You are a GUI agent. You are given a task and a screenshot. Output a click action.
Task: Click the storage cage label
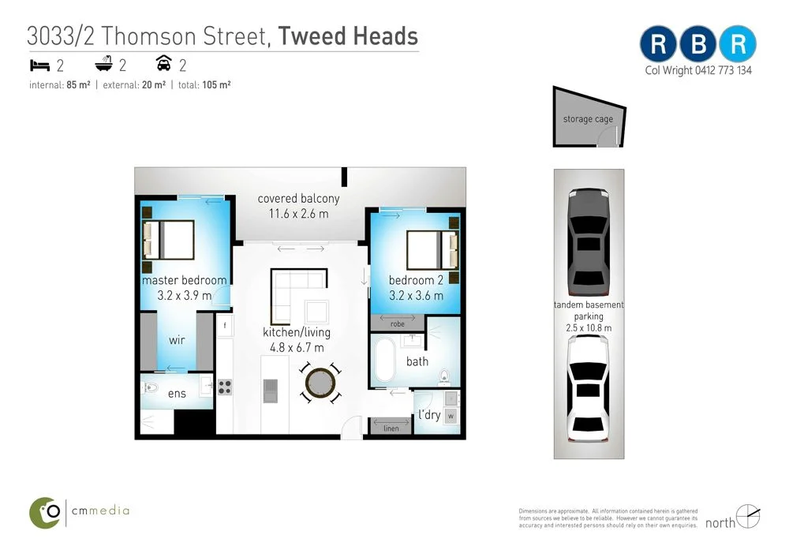pos(588,119)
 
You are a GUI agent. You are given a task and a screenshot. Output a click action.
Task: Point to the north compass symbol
pos(748,517)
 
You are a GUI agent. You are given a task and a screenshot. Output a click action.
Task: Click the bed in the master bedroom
pos(167,240)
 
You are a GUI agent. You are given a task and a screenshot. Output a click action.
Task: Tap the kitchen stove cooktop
pos(225,387)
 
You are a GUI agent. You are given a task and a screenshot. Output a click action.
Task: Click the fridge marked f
pos(225,325)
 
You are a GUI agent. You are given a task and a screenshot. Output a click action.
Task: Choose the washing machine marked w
pos(451,415)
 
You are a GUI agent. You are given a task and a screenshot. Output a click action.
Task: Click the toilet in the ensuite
pos(153,387)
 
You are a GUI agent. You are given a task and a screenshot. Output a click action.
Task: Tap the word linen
pos(391,428)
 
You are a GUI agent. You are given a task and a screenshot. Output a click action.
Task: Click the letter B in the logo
pos(698,44)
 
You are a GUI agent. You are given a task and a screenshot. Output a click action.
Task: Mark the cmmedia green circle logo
pos(46,512)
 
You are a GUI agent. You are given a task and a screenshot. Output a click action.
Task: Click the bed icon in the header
pos(39,65)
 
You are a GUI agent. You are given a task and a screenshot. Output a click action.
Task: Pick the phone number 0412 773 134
pos(724,70)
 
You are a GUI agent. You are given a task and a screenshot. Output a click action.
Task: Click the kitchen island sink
pos(271,388)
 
